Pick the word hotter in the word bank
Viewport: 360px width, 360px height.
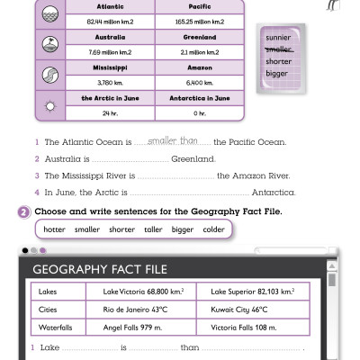pos(55,229)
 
